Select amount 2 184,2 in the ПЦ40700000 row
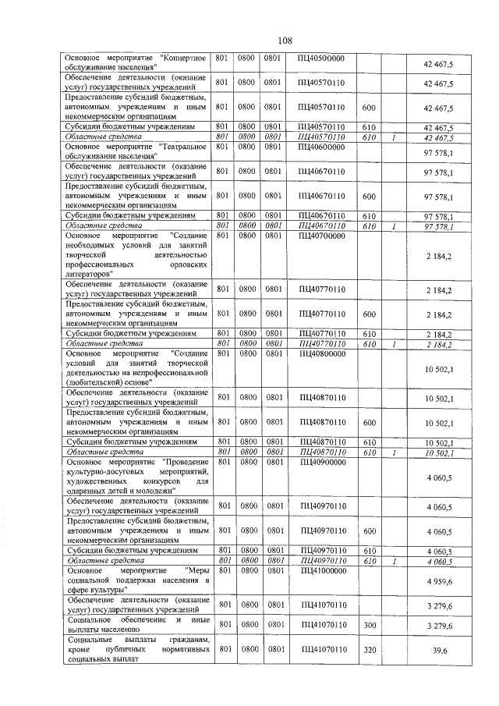pyautogui.click(x=439, y=255)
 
